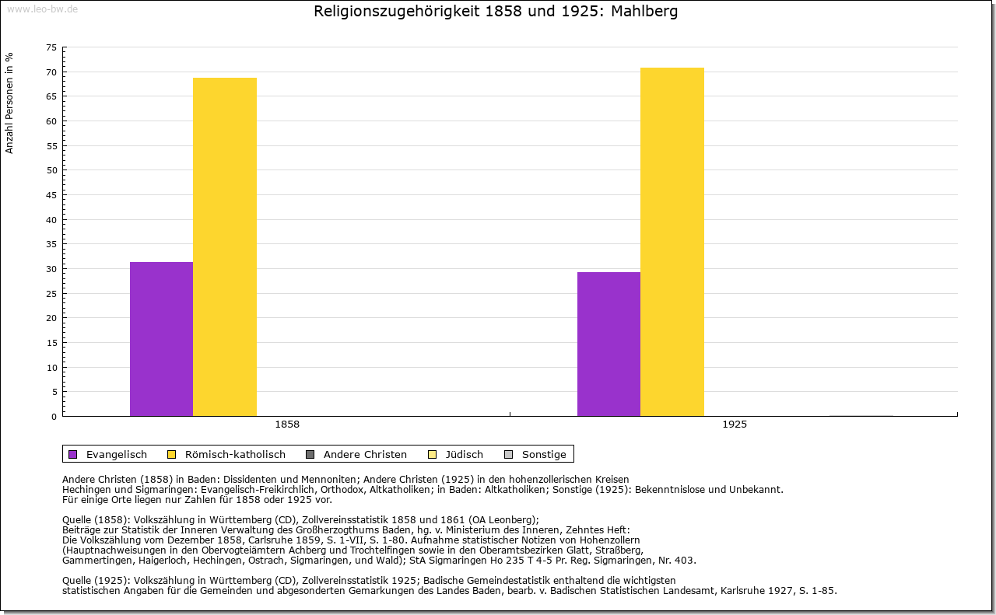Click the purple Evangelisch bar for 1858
pos(161,339)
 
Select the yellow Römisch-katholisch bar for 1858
pos(225,246)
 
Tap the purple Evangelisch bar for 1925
pos(608,344)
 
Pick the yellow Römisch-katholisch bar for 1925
pos(672,242)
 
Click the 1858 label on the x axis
pos(287,425)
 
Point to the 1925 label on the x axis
pos(735,425)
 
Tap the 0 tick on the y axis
pos(54,417)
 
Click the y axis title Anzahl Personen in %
pos(10,103)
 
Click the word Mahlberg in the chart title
pos(645,12)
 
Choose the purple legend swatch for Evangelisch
pos(73,454)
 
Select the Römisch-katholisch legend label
pos(235,454)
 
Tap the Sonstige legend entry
pos(544,454)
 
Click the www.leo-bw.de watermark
pos(41,9)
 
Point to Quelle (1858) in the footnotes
pos(97,520)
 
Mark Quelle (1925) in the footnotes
pos(97,580)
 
